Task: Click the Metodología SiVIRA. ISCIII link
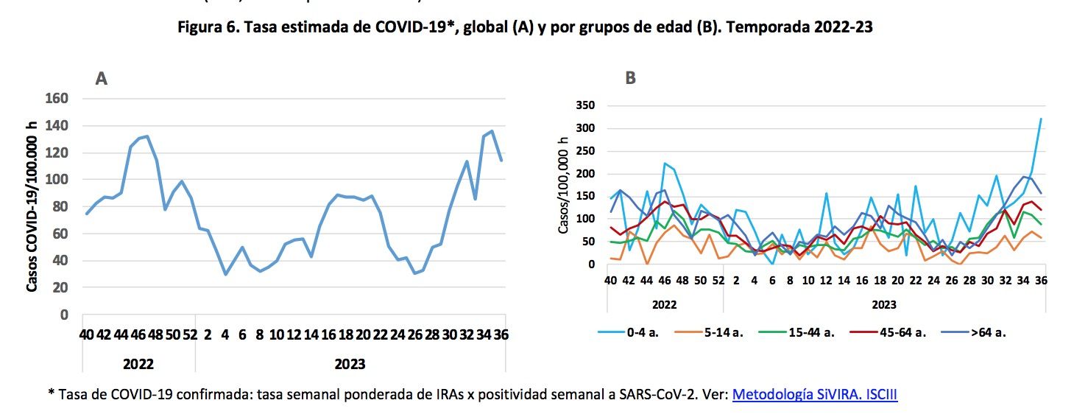[x=814, y=395]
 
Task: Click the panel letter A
[x=102, y=78]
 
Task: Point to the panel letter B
[x=630, y=78]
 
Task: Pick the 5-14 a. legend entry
[x=722, y=332]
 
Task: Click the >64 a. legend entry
[x=986, y=332]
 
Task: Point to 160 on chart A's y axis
[x=57, y=99]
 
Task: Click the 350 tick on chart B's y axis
[x=585, y=106]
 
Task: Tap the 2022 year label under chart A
[x=138, y=364]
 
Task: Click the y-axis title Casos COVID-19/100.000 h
[x=32, y=206]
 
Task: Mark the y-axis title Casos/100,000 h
[x=564, y=185]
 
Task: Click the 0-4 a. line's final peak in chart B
[x=1041, y=119]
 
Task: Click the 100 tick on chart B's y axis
[x=585, y=219]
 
